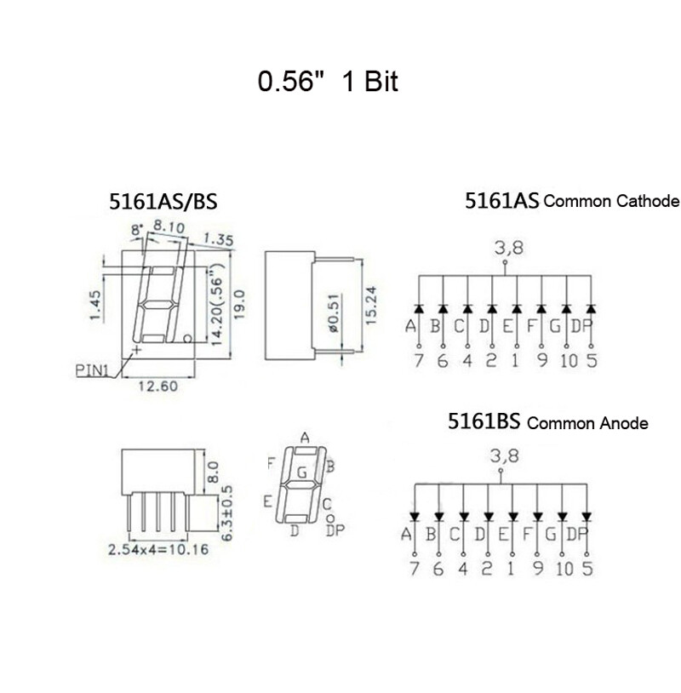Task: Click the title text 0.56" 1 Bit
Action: [x=328, y=82]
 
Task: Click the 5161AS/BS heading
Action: [x=163, y=202]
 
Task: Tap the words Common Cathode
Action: [x=611, y=202]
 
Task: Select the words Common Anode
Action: [x=587, y=423]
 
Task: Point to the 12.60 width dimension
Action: [x=157, y=387]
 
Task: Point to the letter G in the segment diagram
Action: [x=301, y=472]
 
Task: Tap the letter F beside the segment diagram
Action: [x=271, y=464]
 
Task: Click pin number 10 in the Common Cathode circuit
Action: [x=568, y=361]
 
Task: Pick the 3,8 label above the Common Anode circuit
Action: [x=503, y=456]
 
